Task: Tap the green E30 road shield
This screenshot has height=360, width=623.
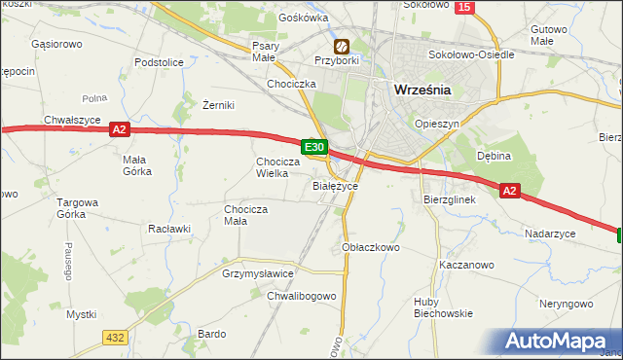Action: click(x=312, y=147)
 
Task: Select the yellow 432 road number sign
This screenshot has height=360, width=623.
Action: click(x=115, y=336)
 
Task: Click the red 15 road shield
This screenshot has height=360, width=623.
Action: click(x=463, y=7)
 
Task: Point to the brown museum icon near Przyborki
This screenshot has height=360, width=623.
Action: click(x=342, y=46)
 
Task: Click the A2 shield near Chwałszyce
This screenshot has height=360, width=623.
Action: click(x=119, y=128)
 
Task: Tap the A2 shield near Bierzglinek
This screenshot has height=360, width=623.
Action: click(x=510, y=192)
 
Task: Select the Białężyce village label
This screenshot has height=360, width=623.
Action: click(x=336, y=185)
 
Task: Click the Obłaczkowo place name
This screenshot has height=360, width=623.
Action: click(x=372, y=248)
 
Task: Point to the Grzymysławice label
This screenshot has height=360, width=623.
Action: click(x=258, y=274)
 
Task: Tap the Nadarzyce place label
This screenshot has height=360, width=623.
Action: click(x=550, y=234)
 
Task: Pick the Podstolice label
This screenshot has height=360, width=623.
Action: click(x=160, y=62)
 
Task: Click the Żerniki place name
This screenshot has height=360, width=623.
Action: click(x=219, y=105)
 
